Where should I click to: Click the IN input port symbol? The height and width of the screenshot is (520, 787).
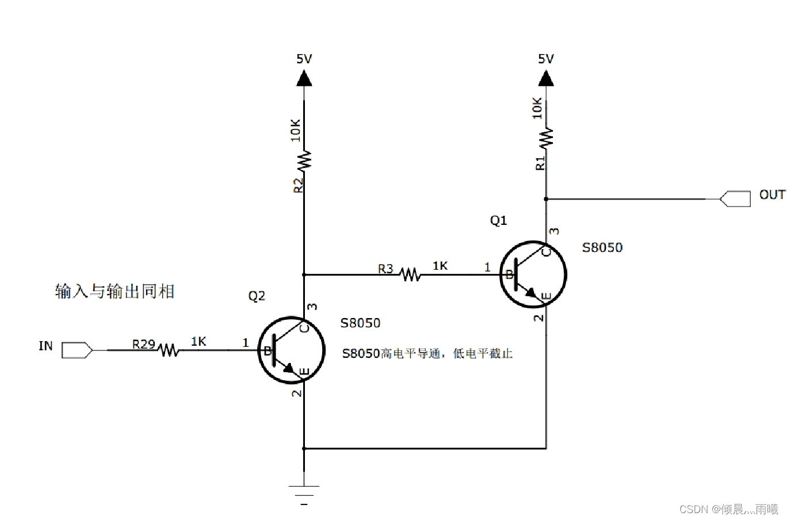pos(77,350)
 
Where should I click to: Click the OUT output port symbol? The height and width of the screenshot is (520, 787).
pos(736,199)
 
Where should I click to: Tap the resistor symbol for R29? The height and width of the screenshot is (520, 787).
pos(168,350)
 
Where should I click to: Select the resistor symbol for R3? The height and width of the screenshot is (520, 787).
pos(411,274)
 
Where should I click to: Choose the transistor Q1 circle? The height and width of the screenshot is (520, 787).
pos(533,274)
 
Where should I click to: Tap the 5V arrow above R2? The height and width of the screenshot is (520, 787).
pos(304,77)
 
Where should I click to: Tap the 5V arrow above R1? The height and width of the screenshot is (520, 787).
pos(546,77)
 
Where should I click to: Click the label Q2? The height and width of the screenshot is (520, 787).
pos(257,296)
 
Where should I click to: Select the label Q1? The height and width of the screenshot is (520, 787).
pos(498,221)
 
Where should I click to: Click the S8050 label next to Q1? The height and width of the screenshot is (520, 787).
pos(602,248)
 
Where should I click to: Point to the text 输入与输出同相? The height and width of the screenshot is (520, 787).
pos(114,292)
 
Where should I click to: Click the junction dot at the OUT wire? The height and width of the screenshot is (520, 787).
pos(546,199)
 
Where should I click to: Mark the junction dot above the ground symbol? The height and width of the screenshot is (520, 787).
pos(304,448)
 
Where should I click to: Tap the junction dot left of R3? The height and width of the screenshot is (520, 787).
pos(304,274)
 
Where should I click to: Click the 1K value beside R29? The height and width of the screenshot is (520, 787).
pos(198,342)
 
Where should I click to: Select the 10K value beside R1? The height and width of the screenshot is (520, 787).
pos(537,108)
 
